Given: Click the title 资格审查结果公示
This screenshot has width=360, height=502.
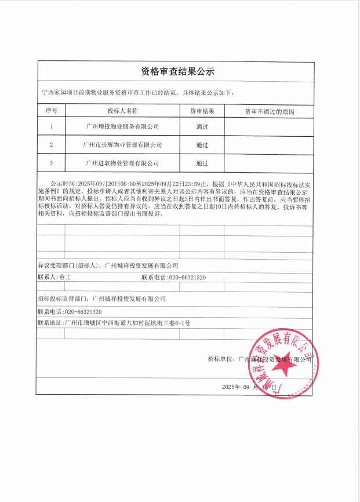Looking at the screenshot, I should [178, 72].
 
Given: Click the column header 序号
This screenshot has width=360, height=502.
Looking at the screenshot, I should [51, 110].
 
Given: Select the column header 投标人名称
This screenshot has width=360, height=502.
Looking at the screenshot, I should [122, 110].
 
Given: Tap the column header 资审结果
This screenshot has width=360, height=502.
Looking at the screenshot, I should [202, 110].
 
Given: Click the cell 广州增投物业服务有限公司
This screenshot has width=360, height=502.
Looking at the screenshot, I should [122, 126].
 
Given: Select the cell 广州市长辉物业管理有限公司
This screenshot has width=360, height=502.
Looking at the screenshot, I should [122, 144].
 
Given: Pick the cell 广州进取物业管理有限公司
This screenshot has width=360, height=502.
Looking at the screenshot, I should [122, 163].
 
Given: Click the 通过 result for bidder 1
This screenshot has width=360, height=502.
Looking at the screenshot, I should [202, 126].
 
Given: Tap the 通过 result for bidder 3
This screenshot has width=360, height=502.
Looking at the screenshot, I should [202, 163].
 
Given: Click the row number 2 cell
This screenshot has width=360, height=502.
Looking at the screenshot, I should [51, 144].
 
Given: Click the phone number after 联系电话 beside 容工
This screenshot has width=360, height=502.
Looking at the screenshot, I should [187, 278].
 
